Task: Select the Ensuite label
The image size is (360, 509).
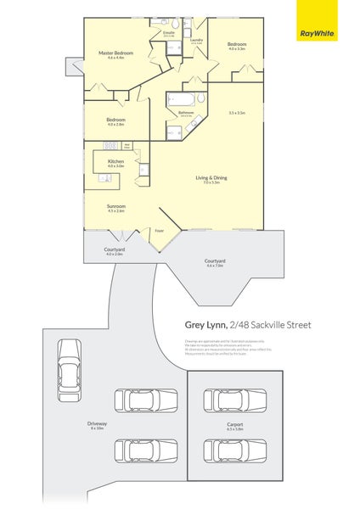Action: (x=169, y=33)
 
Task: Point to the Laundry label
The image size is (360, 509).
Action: (x=196, y=40)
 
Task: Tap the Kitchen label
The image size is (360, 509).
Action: (x=116, y=161)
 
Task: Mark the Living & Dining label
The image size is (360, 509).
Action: (x=211, y=177)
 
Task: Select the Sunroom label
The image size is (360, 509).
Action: (x=115, y=206)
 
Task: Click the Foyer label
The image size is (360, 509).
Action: (x=159, y=230)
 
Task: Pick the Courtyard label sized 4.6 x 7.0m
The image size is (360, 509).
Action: (x=215, y=260)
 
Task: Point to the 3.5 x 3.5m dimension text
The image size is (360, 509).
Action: (x=237, y=113)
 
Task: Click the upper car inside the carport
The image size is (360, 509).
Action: (x=235, y=399)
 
